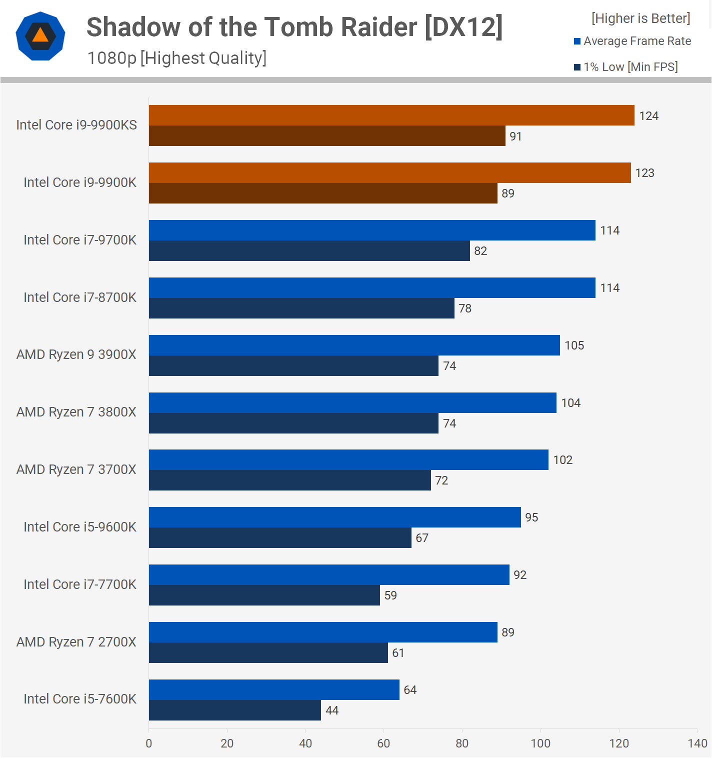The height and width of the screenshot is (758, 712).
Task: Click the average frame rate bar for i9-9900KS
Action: click(x=391, y=115)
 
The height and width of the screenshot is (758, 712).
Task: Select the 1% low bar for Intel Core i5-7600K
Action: click(x=235, y=710)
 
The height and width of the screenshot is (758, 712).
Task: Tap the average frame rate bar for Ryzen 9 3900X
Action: click(x=354, y=345)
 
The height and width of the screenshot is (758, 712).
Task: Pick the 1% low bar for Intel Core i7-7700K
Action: click(x=264, y=595)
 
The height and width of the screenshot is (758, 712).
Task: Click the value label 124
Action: click(x=648, y=116)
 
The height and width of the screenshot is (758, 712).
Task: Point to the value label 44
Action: click(x=332, y=710)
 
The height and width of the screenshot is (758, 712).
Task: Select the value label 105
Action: click(x=574, y=345)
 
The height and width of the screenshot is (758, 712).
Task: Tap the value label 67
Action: click(x=422, y=538)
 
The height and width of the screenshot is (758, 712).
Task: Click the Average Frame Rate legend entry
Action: click(x=632, y=41)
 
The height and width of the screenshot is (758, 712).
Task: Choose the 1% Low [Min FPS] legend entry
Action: click(x=626, y=67)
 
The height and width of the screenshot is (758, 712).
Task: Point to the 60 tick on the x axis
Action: click(x=383, y=743)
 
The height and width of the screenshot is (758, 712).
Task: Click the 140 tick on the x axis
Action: click(x=697, y=743)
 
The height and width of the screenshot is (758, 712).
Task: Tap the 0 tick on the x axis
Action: click(x=149, y=743)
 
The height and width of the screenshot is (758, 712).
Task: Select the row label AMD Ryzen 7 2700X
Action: click(x=76, y=642)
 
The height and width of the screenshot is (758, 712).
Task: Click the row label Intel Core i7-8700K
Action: click(x=80, y=297)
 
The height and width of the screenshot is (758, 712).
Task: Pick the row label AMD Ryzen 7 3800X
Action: click(x=76, y=412)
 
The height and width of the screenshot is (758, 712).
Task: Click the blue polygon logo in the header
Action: click(x=40, y=36)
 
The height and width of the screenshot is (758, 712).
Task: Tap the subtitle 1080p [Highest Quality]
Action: click(x=177, y=58)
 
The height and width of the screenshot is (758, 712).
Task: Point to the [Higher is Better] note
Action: click(x=640, y=18)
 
